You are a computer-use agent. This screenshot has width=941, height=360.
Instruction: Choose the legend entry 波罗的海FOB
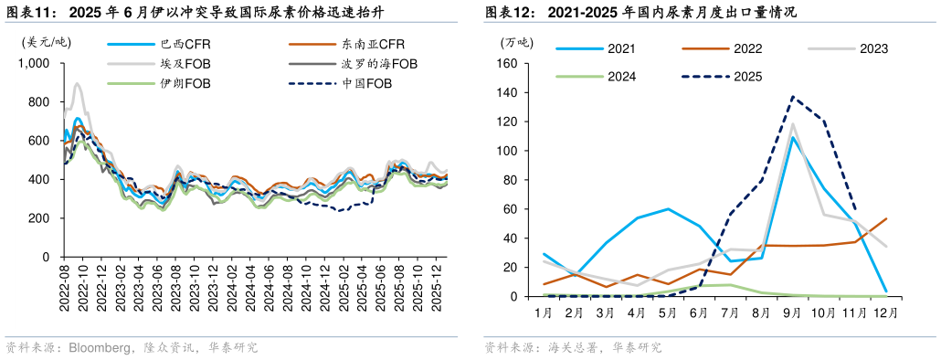click(379, 63)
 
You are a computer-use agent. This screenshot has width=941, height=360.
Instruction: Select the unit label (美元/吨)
click(46, 41)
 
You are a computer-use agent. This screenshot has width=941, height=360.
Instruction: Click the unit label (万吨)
click(518, 41)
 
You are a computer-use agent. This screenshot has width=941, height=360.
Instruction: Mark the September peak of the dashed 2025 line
click(792, 97)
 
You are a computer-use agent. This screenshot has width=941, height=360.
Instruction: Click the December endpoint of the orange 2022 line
click(886, 218)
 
